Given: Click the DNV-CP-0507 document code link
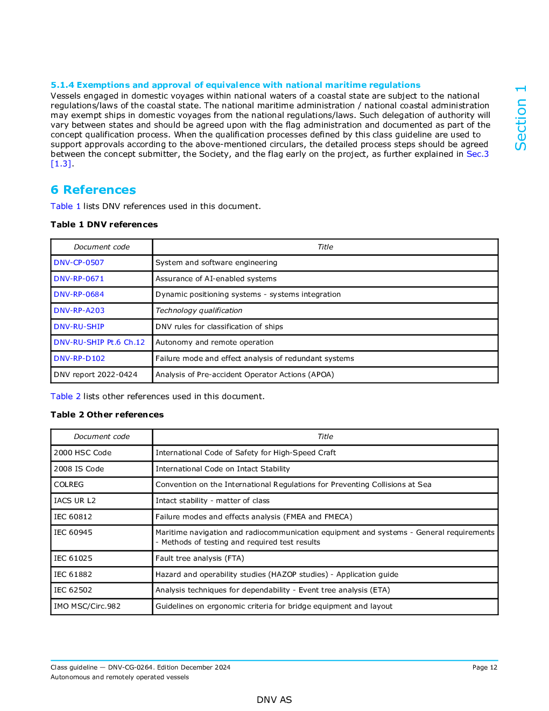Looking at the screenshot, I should click(x=79, y=263).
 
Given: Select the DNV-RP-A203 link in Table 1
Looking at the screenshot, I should click(x=79, y=311).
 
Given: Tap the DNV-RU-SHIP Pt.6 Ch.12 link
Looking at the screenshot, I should click(x=99, y=343).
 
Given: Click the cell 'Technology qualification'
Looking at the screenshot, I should click(x=199, y=311).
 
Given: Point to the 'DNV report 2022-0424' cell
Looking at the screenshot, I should click(x=95, y=375).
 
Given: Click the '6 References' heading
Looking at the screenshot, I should click(x=93, y=190).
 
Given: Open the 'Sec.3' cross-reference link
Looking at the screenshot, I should click(x=477, y=154).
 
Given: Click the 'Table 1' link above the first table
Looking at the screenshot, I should click(x=65, y=206).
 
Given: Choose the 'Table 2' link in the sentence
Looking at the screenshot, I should click(x=65, y=396).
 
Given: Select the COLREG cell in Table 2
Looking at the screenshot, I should click(x=69, y=485).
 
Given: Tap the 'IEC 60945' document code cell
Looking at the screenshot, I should click(x=73, y=533).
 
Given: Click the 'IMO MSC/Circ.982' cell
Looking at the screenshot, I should click(x=87, y=607).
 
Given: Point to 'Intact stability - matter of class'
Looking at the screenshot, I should click(x=212, y=501).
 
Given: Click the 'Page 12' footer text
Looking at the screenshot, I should click(x=484, y=667).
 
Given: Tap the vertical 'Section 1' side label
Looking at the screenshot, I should click(x=520, y=118).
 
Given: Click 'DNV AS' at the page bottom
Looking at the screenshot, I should click(x=274, y=700).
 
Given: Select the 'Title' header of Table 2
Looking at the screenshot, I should click(x=325, y=437).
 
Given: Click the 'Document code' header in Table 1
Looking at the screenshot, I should click(x=102, y=247).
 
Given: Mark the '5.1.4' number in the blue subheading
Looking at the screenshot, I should click(x=62, y=85).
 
